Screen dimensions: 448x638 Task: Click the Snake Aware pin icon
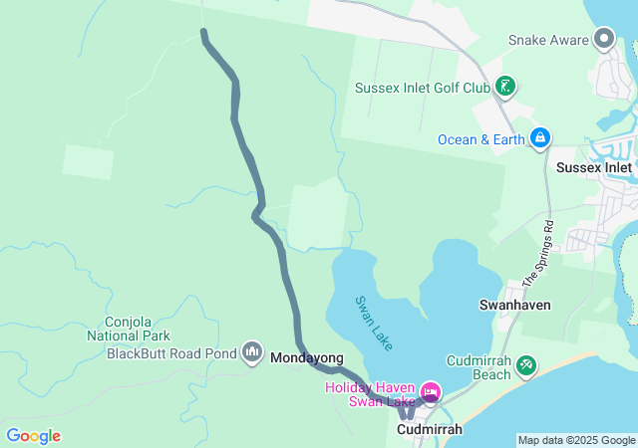tap(603, 40)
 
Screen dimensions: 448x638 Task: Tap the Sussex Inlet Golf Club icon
tap(505, 88)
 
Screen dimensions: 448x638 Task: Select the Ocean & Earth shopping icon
tap(539, 137)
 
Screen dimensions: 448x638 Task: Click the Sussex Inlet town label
tap(594, 167)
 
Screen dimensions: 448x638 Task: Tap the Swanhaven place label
tap(515, 305)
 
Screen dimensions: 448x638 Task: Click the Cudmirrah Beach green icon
tap(526, 368)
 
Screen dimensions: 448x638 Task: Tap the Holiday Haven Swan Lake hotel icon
tap(430, 392)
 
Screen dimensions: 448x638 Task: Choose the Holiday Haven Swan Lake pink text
tap(370, 394)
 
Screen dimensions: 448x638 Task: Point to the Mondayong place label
tap(307, 358)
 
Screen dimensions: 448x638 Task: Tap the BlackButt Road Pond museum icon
tap(252, 353)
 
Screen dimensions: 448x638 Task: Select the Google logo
tap(33, 436)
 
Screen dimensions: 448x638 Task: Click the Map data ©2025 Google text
tap(576, 440)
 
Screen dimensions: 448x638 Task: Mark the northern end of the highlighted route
tap(204, 33)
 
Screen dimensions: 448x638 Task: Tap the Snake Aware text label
tap(547, 41)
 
